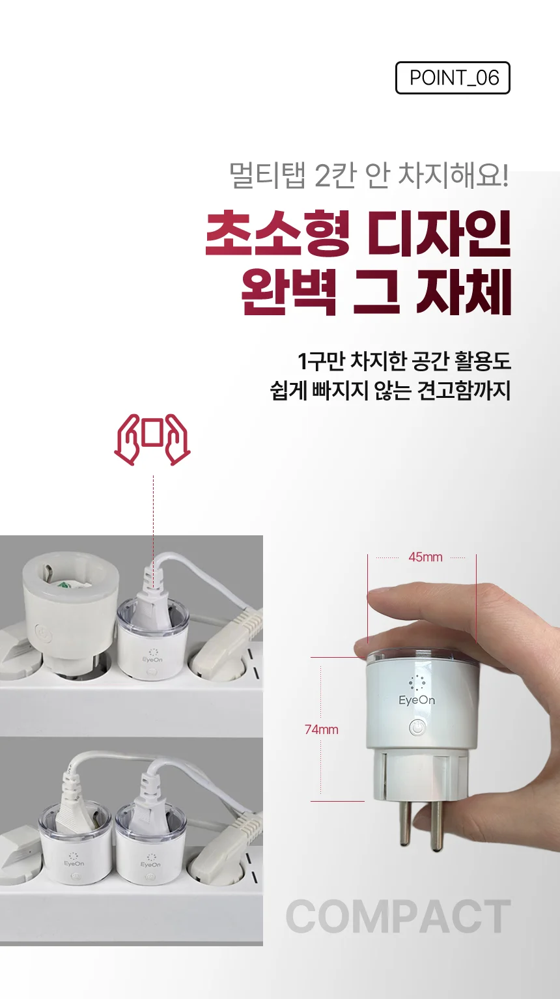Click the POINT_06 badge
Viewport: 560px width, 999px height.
coord(453,78)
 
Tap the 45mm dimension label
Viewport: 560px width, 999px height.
coord(425,557)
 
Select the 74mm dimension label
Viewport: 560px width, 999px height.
coord(322,729)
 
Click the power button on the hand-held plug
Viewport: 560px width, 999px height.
coord(417,728)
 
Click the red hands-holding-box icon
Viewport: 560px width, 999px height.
coord(152,440)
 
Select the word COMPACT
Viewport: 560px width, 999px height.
coord(398,916)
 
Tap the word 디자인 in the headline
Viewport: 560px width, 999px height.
coord(439,234)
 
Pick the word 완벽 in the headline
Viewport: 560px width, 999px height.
coord(288,292)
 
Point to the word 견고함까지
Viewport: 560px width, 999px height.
coord(464,390)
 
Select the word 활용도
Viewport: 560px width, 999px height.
coord(483,361)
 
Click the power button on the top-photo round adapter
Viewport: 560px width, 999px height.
coord(43,634)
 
